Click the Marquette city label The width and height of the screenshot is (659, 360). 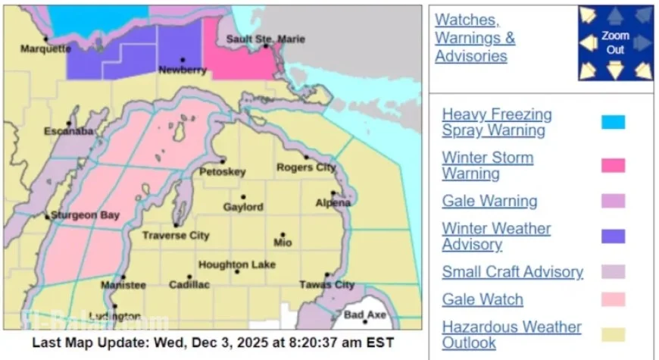pyautogui.click(x=45, y=49)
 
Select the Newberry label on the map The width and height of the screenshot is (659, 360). pyautogui.click(x=183, y=70)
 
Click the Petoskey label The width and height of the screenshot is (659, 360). pyautogui.click(x=222, y=172)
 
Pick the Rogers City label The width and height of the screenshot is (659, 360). pyautogui.click(x=305, y=167)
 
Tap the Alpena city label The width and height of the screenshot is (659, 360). pyautogui.click(x=333, y=202)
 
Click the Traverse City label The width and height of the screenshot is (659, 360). pyautogui.click(x=176, y=236)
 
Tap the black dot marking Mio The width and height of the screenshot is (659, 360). pyautogui.click(x=283, y=235)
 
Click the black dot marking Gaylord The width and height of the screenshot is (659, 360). pyautogui.click(x=243, y=197)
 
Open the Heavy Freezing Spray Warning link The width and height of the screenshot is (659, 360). pyautogui.click(x=497, y=122)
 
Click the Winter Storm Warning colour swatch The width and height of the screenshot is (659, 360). pyautogui.click(x=613, y=165)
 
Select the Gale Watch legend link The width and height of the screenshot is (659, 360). pyautogui.click(x=483, y=299)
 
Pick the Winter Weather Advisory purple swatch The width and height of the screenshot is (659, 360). pyautogui.click(x=613, y=236)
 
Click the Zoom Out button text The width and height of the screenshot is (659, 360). pyautogui.click(x=615, y=42)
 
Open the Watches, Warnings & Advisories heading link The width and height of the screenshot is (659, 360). pyautogui.click(x=475, y=38)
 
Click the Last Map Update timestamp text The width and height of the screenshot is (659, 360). pyautogui.click(x=212, y=342)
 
